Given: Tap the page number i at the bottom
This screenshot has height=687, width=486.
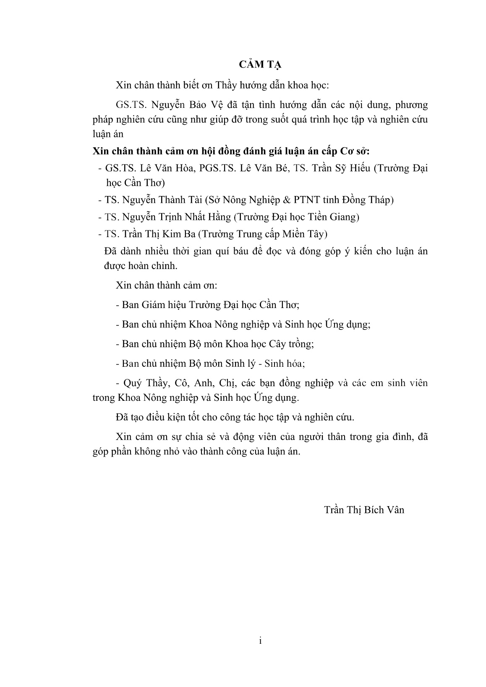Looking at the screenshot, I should click(x=260, y=640).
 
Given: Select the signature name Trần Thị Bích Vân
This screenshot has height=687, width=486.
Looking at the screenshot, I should click(x=364, y=509).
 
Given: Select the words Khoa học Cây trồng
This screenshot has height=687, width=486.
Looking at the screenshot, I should click(x=270, y=344).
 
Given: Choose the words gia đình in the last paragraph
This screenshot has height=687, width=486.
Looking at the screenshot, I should click(x=395, y=436).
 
